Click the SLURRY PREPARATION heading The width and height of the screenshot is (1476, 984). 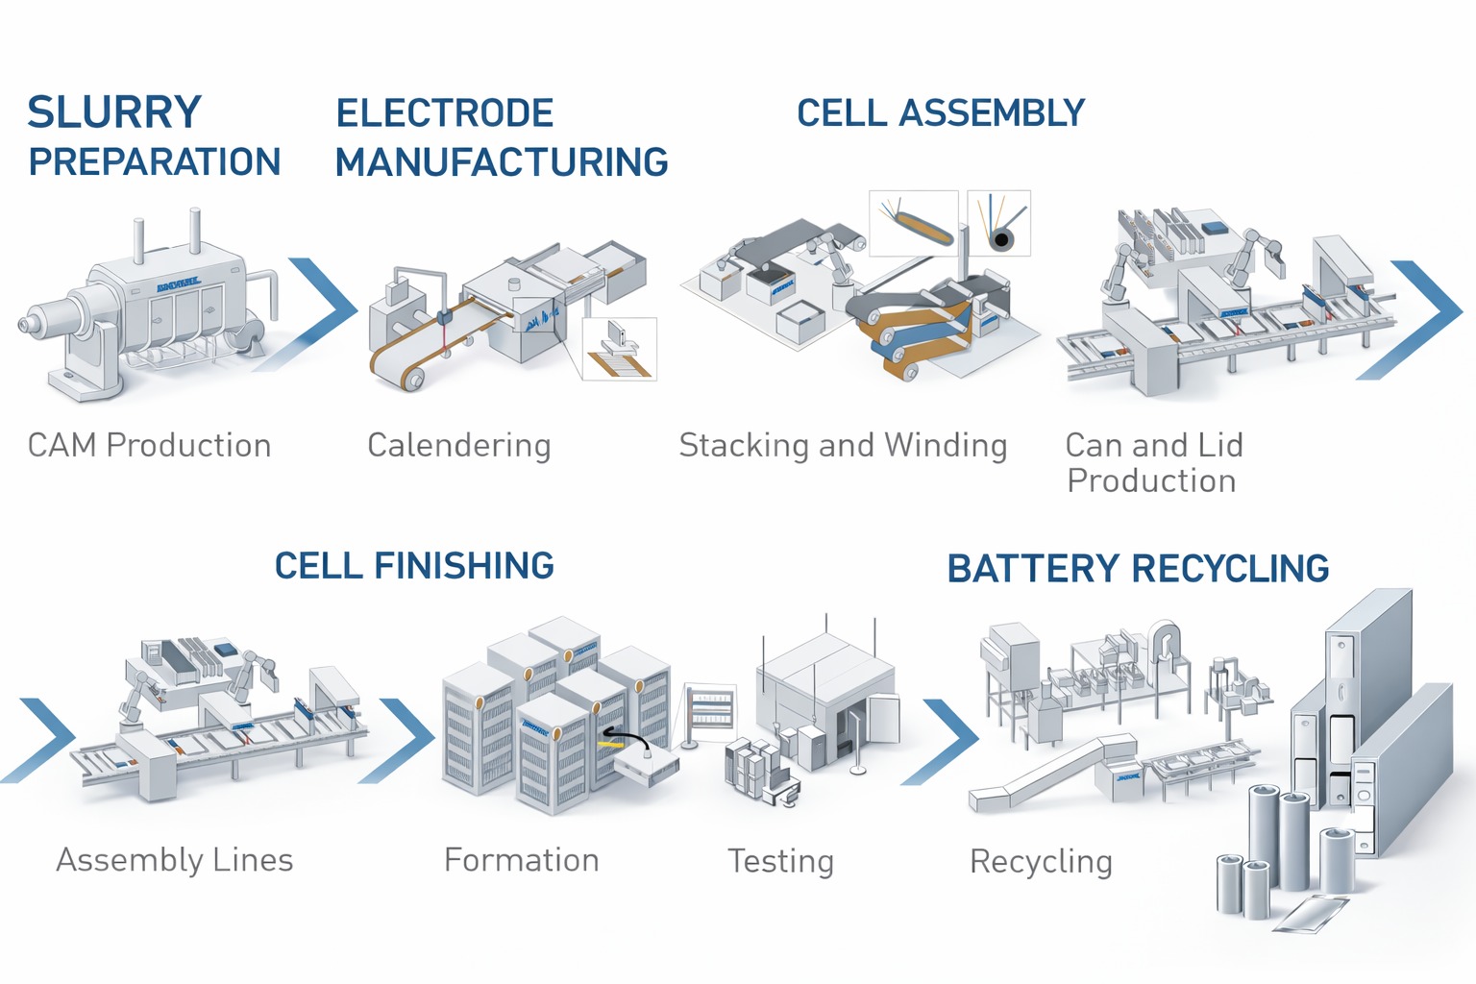(x=154, y=136)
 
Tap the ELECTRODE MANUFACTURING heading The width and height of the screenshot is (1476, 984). (x=501, y=136)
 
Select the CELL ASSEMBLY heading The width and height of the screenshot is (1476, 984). (x=941, y=113)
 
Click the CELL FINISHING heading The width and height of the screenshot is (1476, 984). (x=414, y=566)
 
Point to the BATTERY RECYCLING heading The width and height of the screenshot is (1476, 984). (x=1138, y=569)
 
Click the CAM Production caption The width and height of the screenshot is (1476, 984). (x=149, y=446)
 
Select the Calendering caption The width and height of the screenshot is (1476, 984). (x=458, y=446)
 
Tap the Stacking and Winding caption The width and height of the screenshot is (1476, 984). (x=843, y=446)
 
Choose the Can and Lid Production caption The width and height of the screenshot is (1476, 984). (x=1153, y=462)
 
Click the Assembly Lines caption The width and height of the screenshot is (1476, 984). (x=174, y=860)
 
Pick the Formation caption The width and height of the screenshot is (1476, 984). (x=521, y=860)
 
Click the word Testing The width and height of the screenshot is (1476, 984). (x=780, y=861)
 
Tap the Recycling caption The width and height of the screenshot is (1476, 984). (x=1041, y=862)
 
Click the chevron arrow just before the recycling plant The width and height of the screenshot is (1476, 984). (x=947, y=740)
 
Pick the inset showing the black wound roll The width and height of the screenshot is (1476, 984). (x=998, y=223)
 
